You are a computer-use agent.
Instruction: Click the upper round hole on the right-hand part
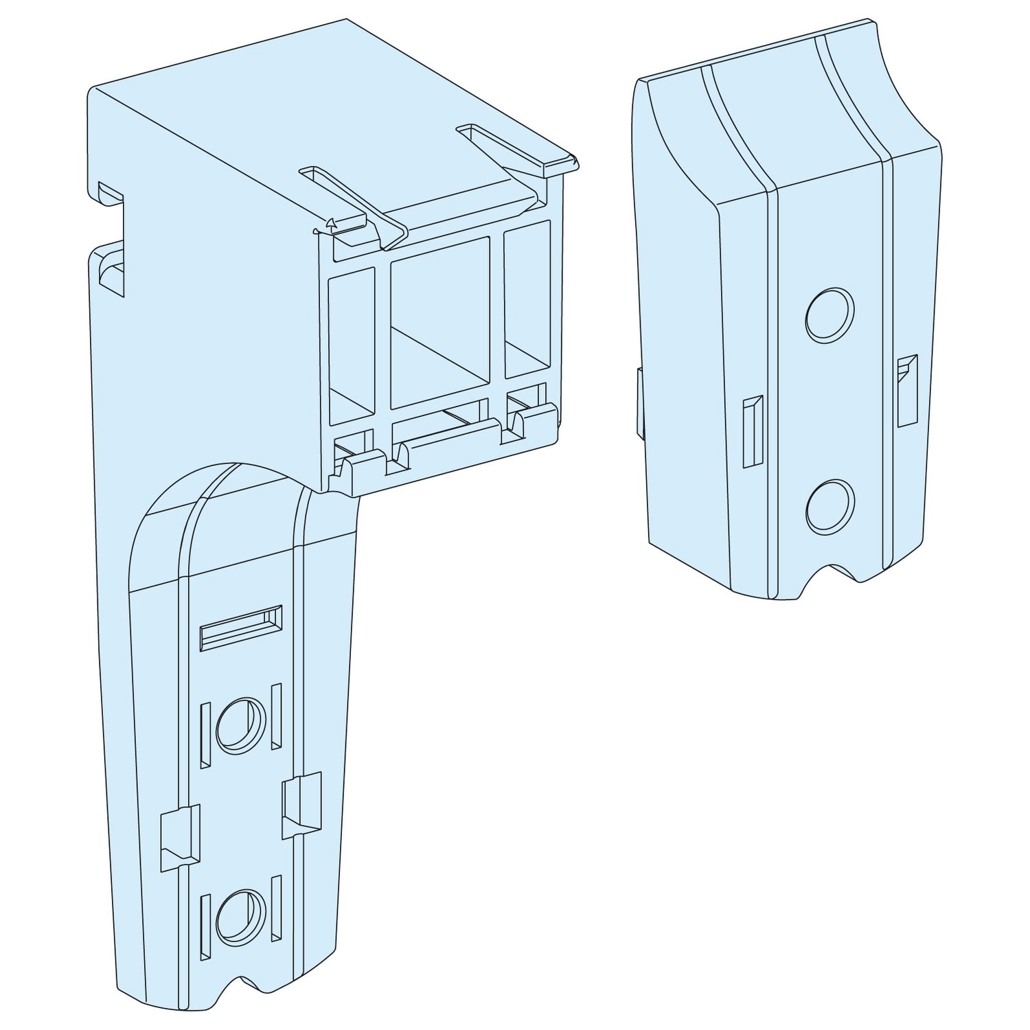tap(829, 315)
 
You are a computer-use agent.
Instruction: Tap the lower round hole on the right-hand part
tap(829, 507)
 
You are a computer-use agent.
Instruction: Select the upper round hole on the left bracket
tap(240, 723)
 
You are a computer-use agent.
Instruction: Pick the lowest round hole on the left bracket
tap(240, 915)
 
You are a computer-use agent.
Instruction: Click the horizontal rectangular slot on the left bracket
tap(240, 626)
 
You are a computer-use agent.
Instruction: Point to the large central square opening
tap(439, 323)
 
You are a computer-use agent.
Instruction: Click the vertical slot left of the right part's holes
tap(753, 431)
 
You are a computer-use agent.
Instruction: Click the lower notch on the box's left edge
tap(110, 272)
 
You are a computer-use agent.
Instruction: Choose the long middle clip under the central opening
tap(450, 439)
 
